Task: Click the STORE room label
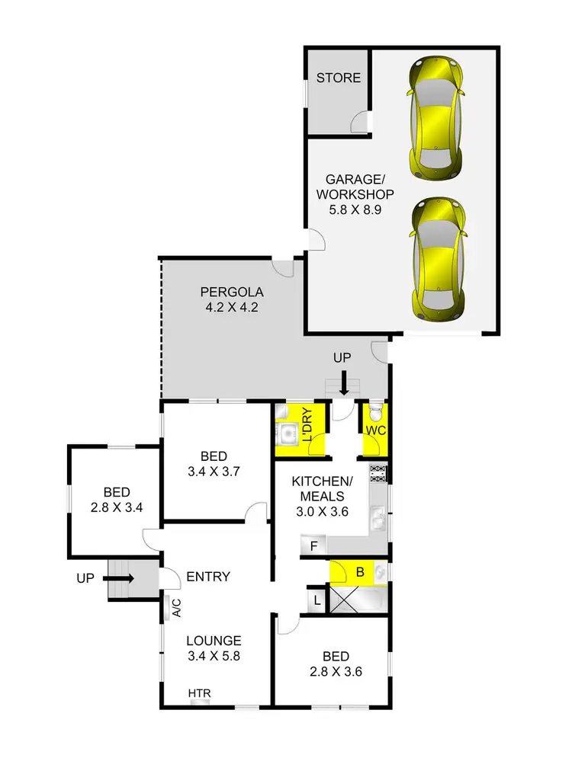coord(339,78)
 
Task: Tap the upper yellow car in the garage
coord(435,118)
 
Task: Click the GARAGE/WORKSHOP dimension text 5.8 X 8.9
coord(354,209)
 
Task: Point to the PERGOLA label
coord(232,292)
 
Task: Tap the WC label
coord(375,431)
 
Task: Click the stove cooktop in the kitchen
coord(378,473)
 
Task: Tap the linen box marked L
coord(317,600)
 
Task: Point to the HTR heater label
coord(199,693)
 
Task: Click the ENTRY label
coord(208,577)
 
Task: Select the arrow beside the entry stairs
coord(118,579)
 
